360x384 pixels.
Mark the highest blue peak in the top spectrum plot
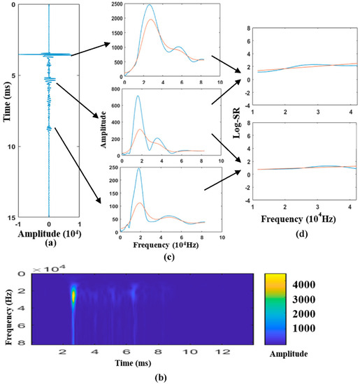tap(150, 6)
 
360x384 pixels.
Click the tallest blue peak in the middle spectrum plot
tap(138, 96)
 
